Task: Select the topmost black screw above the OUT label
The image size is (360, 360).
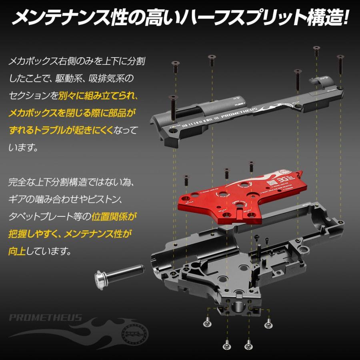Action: pyautogui.click(x=316, y=50)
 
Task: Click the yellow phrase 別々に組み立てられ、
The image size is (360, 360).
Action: pyautogui.click(x=98, y=96)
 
